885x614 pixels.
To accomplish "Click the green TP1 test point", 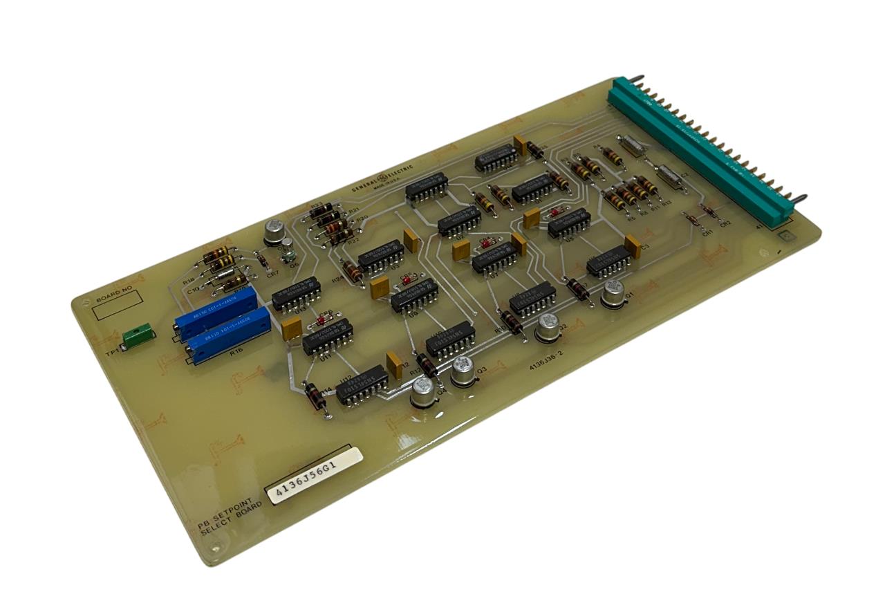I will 137,338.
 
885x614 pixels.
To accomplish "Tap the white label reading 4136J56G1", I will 315,475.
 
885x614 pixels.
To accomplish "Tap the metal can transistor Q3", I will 463,373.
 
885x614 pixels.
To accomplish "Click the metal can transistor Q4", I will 423,395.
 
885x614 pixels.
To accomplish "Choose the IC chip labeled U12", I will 362,386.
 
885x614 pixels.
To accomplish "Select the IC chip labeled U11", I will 326,337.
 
